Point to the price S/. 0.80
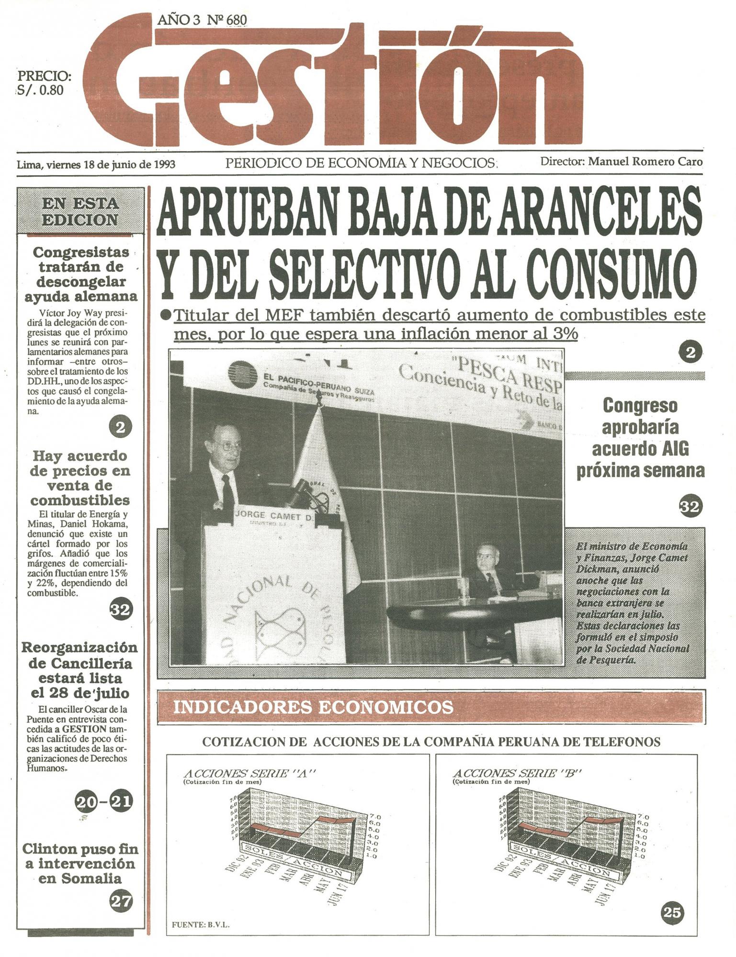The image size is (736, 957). pyautogui.click(x=40, y=90)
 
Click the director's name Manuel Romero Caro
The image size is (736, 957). pyautogui.click(x=645, y=162)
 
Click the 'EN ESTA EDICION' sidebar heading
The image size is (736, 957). pyautogui.click(x=80, y=211)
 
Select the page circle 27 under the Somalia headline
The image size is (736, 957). pyautogui.click(x=121, y=901)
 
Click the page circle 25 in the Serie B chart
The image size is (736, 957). pyautogui.click(x=671, y=913)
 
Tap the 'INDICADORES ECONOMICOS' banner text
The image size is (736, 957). pyautogui.click(x=313, y=707)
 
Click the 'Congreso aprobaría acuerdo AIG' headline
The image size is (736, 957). pyautogui.click(x=640, y=438)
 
